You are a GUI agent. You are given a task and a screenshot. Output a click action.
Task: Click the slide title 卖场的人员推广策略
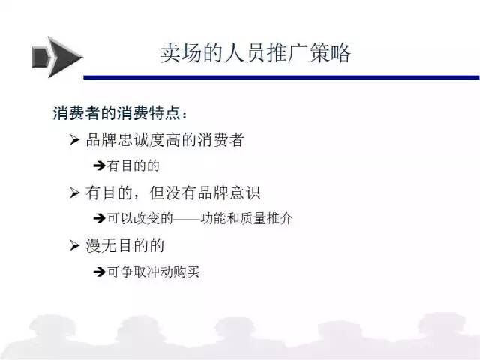(255, 53)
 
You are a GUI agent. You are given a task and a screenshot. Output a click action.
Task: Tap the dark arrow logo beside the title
(57, 57)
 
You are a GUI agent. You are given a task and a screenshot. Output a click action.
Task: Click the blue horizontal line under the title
(282, 77)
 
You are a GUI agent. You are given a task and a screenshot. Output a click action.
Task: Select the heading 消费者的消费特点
(117, 113)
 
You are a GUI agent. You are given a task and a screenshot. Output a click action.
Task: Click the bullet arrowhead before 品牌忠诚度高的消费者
(74, 140)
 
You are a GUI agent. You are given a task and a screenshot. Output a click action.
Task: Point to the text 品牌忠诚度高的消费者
(165, 140)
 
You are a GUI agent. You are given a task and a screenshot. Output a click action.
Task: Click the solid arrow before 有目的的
(100, 166)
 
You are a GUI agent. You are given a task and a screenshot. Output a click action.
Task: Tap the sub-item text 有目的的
(133, 166)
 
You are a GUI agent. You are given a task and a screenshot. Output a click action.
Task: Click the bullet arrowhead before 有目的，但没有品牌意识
(74, 193)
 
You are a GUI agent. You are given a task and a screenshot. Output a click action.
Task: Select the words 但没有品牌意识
(205, 193)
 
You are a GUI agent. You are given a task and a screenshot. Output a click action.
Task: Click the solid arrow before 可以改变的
(100, 218)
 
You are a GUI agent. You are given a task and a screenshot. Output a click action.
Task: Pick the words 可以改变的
(140, 218)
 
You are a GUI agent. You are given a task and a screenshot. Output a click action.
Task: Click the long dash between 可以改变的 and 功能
(187, 219)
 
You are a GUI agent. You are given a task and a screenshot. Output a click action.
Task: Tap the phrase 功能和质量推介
(247, 218)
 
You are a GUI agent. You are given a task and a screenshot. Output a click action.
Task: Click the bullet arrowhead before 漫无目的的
(74, 246)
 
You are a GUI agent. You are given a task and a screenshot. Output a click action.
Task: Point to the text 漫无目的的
(125, 246)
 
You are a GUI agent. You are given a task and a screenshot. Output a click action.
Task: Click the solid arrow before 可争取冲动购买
(100, 271)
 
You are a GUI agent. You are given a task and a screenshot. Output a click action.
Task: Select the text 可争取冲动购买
(153, 271)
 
